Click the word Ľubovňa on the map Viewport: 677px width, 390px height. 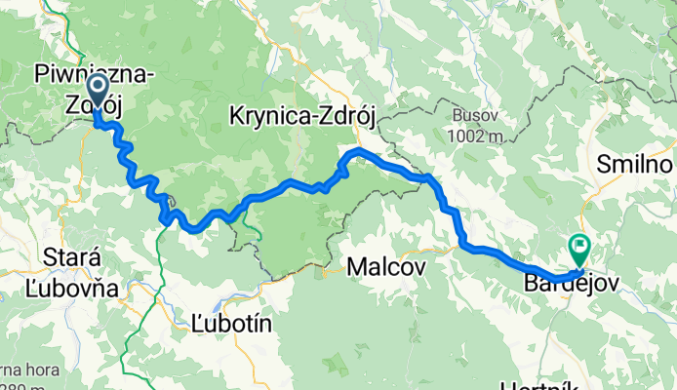click(81, 290)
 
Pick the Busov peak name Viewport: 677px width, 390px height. click(473, 115)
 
